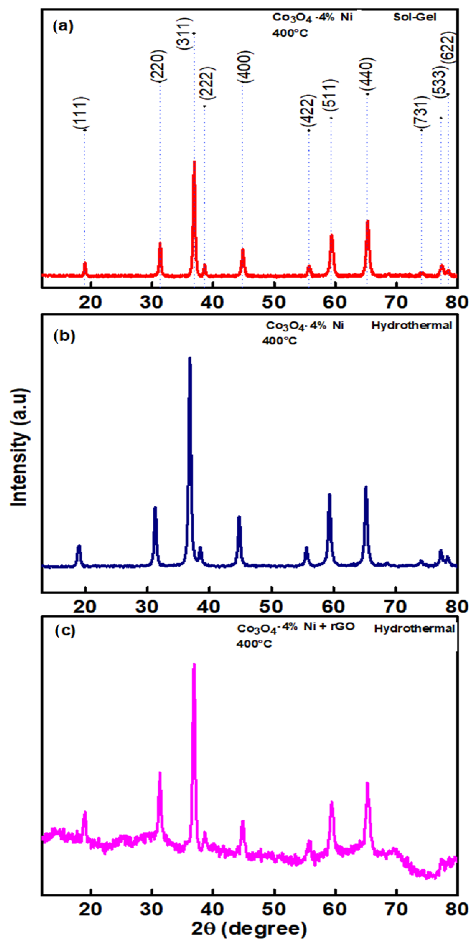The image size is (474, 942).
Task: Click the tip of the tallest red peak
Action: pos(194,162)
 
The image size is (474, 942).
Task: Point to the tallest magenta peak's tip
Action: pos(194,664)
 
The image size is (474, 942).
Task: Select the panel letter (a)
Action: pos(63,27)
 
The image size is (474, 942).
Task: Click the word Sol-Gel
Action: pos(415,17)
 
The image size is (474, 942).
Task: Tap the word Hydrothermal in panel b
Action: pos(412,325)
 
